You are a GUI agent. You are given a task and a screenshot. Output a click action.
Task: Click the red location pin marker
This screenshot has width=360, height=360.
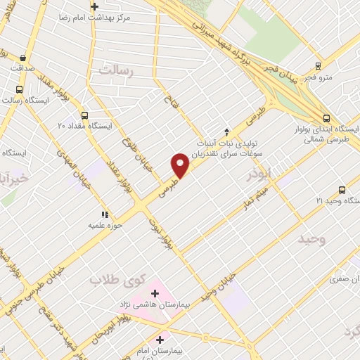coord(181,165)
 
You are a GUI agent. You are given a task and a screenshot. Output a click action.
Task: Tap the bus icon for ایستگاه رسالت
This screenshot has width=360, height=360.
coord(19,89)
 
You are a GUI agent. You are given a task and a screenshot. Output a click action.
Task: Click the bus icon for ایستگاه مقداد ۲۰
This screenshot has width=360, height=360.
coord(84,115)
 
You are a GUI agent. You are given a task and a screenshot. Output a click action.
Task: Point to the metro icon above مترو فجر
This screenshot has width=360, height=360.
coord(319,66)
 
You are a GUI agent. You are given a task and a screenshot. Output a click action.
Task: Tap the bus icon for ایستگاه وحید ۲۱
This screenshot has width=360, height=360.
coord(342,190)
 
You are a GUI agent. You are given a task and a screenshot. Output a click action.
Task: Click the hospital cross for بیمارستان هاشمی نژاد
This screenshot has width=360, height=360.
coord(155,293)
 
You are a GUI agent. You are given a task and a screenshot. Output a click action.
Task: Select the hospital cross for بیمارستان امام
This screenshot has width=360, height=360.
coord(160,340)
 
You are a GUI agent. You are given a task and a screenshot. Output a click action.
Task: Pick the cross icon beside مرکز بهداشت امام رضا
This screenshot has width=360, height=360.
coord(95,6)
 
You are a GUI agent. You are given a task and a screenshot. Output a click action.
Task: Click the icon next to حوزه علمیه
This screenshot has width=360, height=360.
coord(105,214)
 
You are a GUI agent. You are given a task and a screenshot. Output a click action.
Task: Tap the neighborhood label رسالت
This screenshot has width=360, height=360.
coord(116,70)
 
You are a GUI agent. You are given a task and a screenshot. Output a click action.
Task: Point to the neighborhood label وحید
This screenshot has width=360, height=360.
coord(311,239)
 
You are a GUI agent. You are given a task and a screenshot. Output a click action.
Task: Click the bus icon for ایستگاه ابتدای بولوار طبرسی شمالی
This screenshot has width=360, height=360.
coord(326,119)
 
